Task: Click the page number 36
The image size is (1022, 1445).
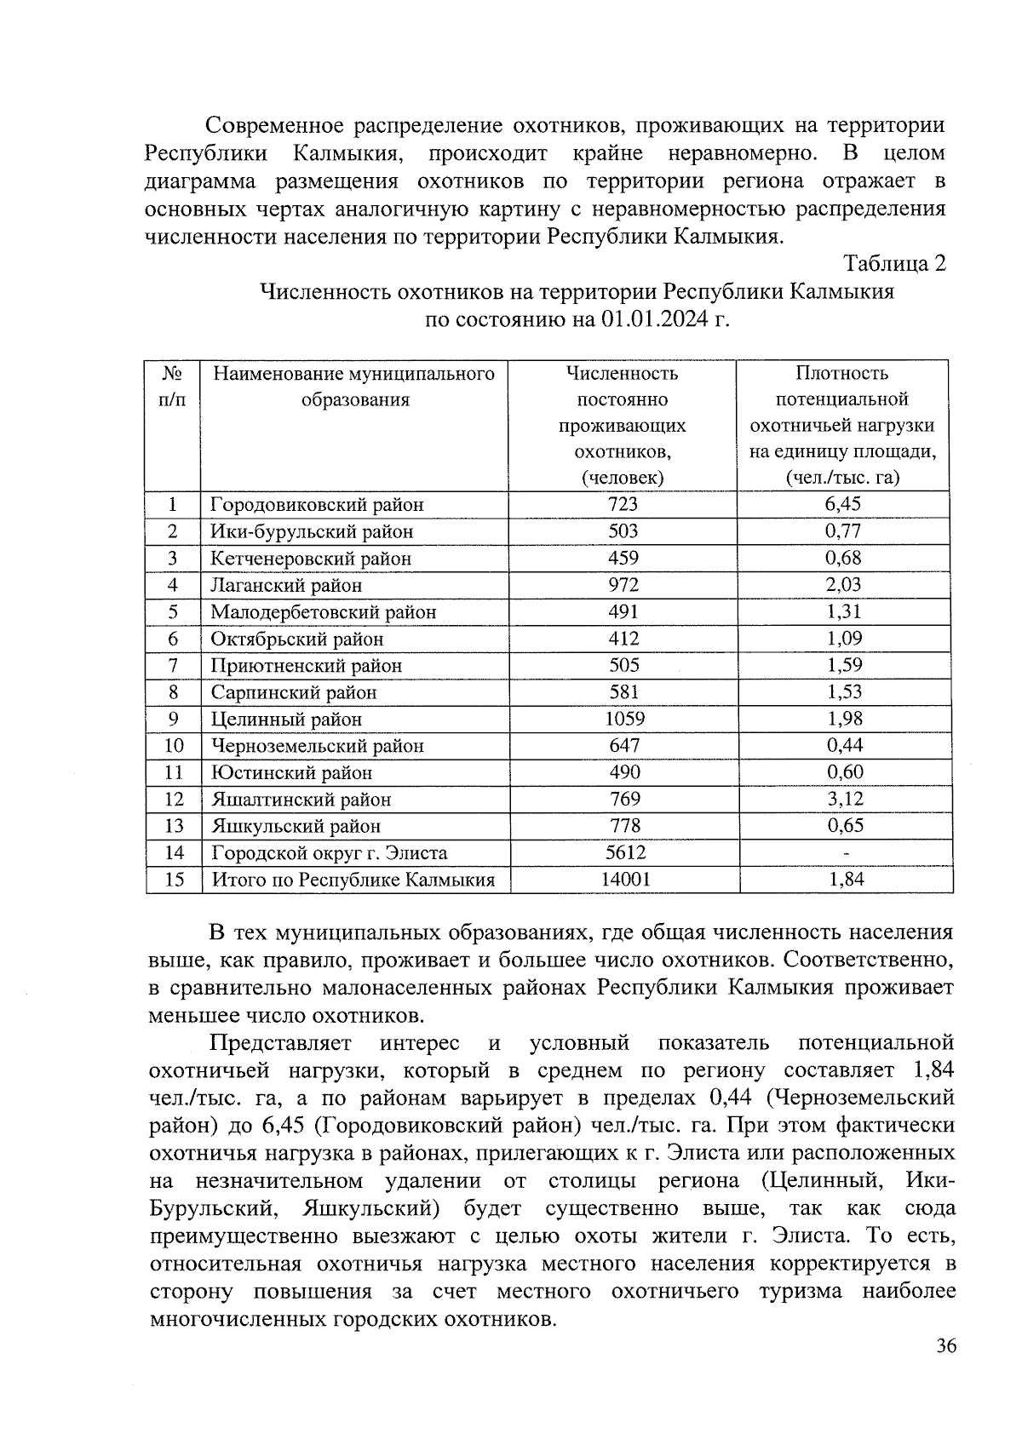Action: click(946, 1346)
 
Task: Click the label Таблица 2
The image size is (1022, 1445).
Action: click(894, 264)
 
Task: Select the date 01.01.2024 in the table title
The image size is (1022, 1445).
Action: click(649, 320)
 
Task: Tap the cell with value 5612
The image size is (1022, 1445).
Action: click(624, 852)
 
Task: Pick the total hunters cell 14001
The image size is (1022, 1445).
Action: click(624, 879)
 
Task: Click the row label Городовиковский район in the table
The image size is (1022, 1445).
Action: click(317, 504)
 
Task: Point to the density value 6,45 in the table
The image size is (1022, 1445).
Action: click(843, 503)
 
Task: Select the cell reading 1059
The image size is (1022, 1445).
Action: click(624, 719)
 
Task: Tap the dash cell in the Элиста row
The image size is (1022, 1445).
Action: click(845, 853)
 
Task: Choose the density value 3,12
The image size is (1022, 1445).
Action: click(844, 799)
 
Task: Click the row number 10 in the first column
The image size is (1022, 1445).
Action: click(173, 746)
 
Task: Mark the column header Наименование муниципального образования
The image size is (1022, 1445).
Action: click(354, 387)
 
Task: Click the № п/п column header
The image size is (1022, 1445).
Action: click(173, 386)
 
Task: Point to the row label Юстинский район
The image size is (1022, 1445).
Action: click(291, 773)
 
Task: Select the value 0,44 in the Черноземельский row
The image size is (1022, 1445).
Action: click(844, 745)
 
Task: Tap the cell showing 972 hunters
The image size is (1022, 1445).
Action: click(624, 585)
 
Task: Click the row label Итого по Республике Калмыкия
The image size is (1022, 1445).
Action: click(353, 880)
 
